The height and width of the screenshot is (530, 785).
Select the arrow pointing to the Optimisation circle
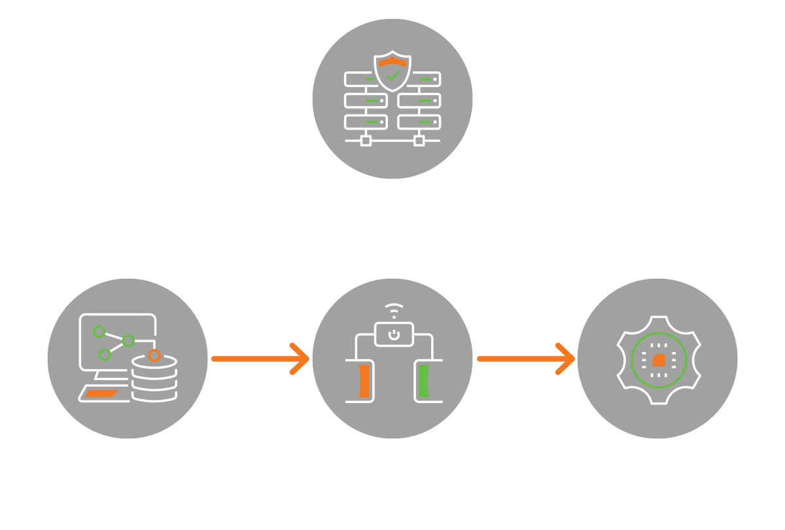tap(526, 359)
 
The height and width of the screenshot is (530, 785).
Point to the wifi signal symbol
tap(392, 309)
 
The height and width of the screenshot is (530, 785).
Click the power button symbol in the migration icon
tap(392, 335)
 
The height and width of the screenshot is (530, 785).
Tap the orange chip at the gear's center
tap(659, 359)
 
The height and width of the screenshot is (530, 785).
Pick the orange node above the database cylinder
tap(154, 355)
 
